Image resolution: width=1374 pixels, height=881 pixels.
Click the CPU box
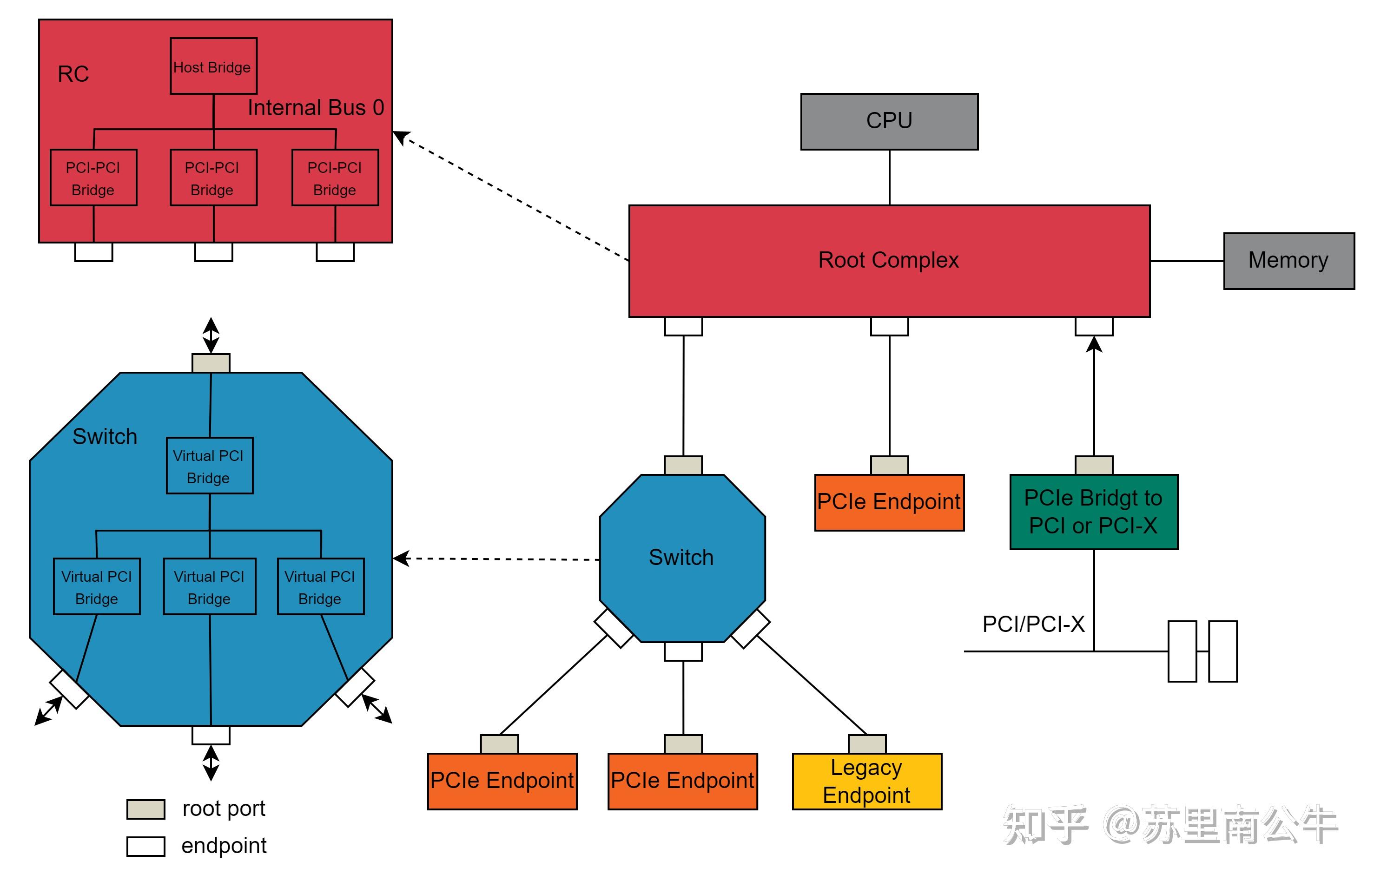coord(889,121)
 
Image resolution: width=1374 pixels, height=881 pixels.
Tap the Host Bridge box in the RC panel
coord(213,66)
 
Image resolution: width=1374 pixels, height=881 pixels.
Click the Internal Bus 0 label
coord(315,107)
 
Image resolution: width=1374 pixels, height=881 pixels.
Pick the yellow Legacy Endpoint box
coord(866,781)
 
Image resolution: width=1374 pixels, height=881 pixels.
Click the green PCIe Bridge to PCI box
coord(1093,512)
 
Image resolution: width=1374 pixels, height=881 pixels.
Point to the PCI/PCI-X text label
coord(1033,624)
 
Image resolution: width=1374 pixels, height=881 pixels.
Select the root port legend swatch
coord(145,809)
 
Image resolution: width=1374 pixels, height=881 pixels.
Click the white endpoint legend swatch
coord(145,846)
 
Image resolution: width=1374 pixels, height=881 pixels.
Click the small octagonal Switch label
coord(681,557)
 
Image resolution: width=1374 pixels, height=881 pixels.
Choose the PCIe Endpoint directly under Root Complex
coord(889,502)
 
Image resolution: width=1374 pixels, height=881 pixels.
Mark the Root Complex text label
coord(888,260)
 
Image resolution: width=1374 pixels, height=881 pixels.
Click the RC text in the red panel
coord(73,74)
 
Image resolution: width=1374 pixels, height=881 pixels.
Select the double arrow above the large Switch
coord(211,335)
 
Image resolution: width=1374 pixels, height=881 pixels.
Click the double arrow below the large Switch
coord(211,763)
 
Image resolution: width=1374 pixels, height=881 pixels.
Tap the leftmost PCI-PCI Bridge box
coord(93,178)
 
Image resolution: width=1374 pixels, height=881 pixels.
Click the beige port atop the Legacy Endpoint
coord(866,744)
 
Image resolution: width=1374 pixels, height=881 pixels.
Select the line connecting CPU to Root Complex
coord(889,178)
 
